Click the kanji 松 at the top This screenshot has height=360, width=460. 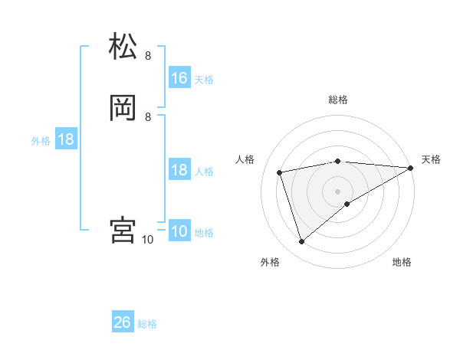tap(123, 47)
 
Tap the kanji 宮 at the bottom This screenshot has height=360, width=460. tap(123, 230)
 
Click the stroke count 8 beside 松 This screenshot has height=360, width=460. tap(148, 56)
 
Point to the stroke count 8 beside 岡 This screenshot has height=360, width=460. tap(148, 116)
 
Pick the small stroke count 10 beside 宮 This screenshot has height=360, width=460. tap(148, 240)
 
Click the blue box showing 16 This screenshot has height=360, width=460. tap(179, 78)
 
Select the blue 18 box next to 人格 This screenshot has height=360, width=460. tap(179, 170)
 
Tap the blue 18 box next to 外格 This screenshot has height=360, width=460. tap(66, 139)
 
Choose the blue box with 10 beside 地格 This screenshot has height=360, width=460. tap(179, 231)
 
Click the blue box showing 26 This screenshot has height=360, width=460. tap(123, 322)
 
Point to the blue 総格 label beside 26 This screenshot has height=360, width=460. tap(147, 324)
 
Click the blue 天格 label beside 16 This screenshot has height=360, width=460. tap(204, 79)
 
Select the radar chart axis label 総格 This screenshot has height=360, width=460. tap(338, 100)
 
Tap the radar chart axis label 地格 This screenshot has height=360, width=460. tap(402, 262)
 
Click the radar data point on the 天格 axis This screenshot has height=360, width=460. tap(411, 168)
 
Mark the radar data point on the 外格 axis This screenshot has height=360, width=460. tap(301, 242)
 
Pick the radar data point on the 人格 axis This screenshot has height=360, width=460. tap(280, 172)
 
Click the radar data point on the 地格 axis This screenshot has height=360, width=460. tap(347, 204)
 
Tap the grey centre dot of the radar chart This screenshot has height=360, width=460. tap(338, 191)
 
